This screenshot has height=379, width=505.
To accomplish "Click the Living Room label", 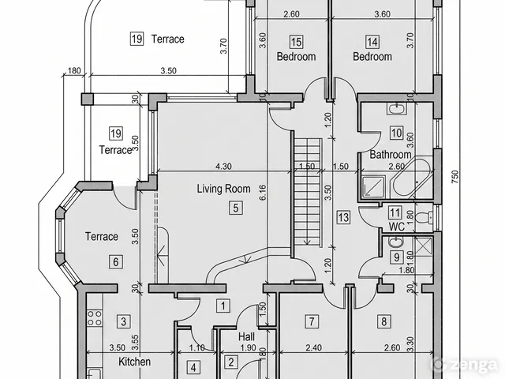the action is [223, 189].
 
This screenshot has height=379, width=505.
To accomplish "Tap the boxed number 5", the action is [236, 208].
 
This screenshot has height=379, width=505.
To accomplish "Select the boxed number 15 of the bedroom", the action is [296, 42].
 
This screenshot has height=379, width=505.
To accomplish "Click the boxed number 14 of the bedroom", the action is [372, 42].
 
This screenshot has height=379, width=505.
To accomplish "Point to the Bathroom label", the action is [391, 155].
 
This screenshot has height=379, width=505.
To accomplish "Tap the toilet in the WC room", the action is [425, 217].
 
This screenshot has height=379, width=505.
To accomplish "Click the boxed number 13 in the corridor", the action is [343, 217].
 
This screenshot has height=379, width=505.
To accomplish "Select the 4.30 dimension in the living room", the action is [223, 167].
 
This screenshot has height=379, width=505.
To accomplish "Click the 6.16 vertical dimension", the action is [263, 193].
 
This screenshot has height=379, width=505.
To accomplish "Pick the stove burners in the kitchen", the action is [95, 317].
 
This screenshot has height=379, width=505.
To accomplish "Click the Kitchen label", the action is [134, 362].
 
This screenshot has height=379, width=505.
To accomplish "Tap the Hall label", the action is [246, 337].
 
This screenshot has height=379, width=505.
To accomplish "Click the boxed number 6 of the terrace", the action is [116, 261].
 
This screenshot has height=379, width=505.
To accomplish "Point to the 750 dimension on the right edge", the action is [454, 177].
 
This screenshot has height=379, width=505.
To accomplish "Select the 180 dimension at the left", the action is [74, 70].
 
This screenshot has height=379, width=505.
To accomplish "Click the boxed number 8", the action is [383, 321].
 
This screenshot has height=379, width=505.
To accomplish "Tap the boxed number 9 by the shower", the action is [396, 257].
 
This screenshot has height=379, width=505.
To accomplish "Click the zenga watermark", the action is [465, 364].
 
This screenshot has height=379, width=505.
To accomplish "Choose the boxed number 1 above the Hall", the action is [223, 306].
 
